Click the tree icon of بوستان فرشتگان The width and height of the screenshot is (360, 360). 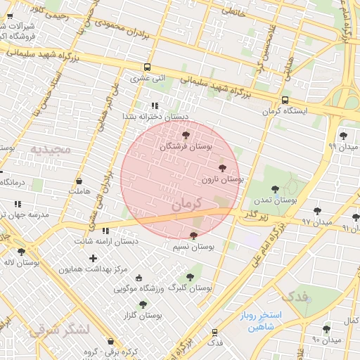tap(186, 134)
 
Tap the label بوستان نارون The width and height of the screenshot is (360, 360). tap(222, 180)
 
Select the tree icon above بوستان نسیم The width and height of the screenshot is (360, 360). tap(194, 236)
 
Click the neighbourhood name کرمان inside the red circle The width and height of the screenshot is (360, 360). tap(186, 204)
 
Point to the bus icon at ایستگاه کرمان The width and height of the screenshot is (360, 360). tap(285, 101)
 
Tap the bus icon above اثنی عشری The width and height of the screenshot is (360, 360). tap(146, 67)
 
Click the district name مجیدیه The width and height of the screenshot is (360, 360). tap(51, 149)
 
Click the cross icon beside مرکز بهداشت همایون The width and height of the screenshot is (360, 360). tap(93, 258)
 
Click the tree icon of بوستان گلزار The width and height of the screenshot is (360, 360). tap(143, 304)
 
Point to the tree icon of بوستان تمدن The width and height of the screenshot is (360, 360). tap(274, 188)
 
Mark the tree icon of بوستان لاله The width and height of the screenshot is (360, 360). tap(21, 251)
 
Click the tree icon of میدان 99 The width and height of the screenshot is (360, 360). tap(343, 136)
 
